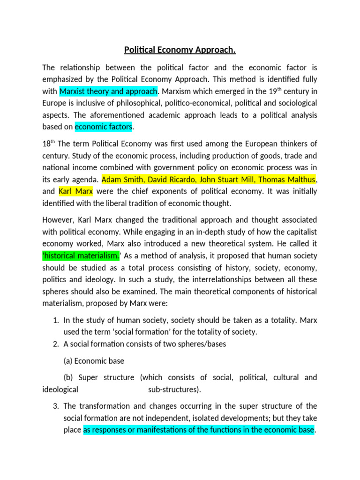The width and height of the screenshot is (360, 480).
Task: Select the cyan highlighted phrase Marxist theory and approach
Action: (109, 90)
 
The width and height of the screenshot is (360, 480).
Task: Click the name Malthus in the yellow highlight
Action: (296, 179)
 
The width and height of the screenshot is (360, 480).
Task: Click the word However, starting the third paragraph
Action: (58, 220)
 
